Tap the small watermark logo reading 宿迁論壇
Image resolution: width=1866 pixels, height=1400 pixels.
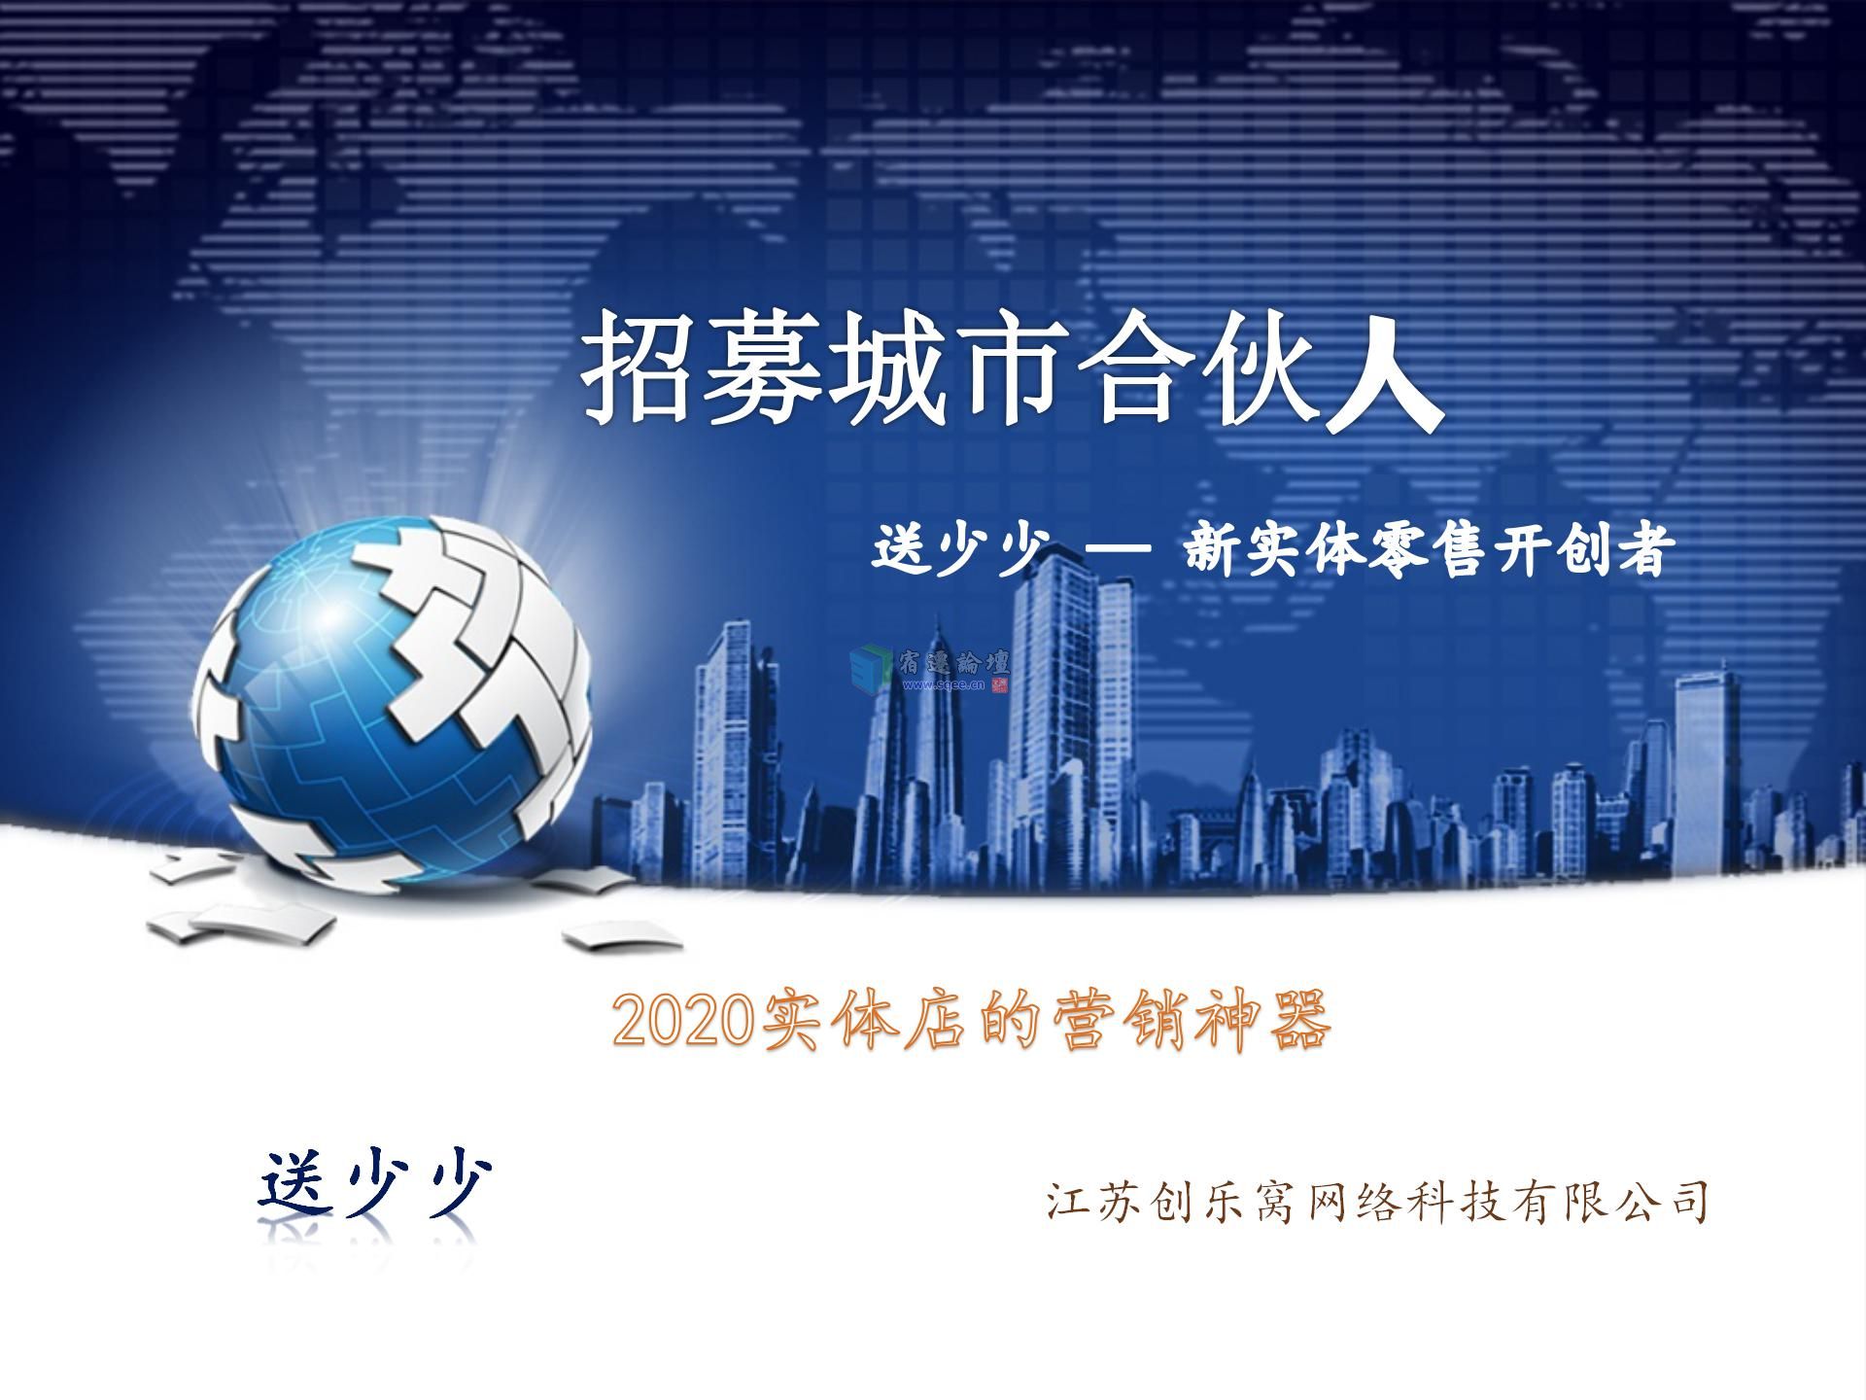[x=930, y=670]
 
